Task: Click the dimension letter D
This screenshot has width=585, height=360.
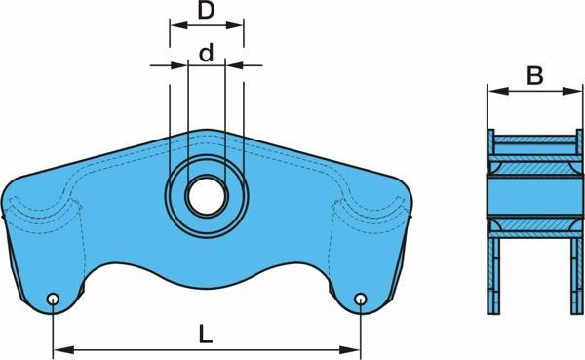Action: (x=207, y=11)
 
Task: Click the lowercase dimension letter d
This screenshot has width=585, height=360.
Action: (x=207, y=53)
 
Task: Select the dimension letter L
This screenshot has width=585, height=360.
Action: (x=205, y=334)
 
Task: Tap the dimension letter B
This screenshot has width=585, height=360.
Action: (x=534, y=76)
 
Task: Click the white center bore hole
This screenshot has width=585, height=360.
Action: (x=207, y=196)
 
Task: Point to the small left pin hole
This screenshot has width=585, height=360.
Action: (x=53, y=299)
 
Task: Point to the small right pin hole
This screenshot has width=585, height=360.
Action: (x=361, y=299)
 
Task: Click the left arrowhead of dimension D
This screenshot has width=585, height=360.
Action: (x=178, y=25)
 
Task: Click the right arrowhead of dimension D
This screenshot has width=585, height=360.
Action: (x=235, y=25)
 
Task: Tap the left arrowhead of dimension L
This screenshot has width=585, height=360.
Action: (x=62, y=350)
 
